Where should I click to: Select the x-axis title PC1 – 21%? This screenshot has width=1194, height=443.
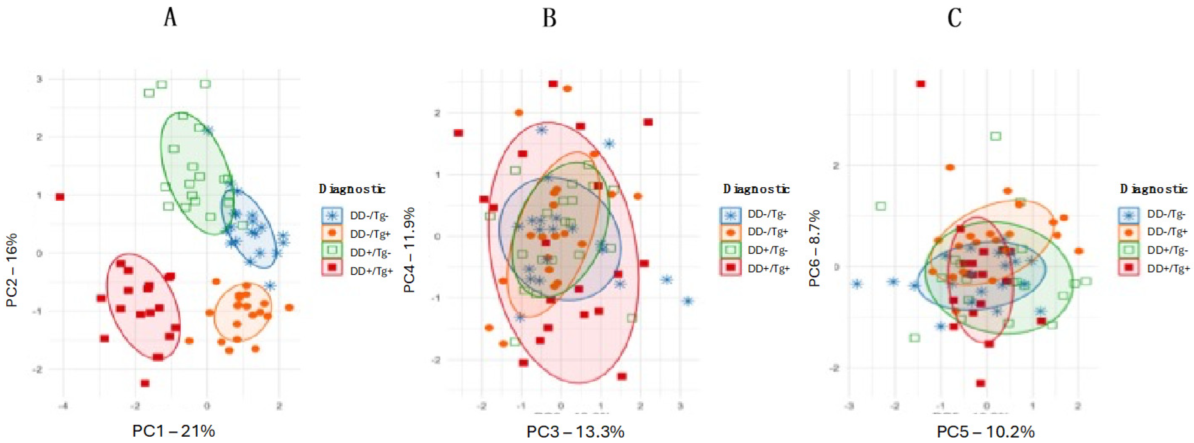173,431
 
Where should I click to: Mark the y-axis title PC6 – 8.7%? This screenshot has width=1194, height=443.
815,248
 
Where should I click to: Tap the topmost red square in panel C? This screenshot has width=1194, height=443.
921,84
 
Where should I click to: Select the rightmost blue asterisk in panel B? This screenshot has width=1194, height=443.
688,301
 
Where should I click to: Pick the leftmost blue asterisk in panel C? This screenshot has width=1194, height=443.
857,284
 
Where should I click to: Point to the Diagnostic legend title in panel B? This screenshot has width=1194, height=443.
756,189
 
